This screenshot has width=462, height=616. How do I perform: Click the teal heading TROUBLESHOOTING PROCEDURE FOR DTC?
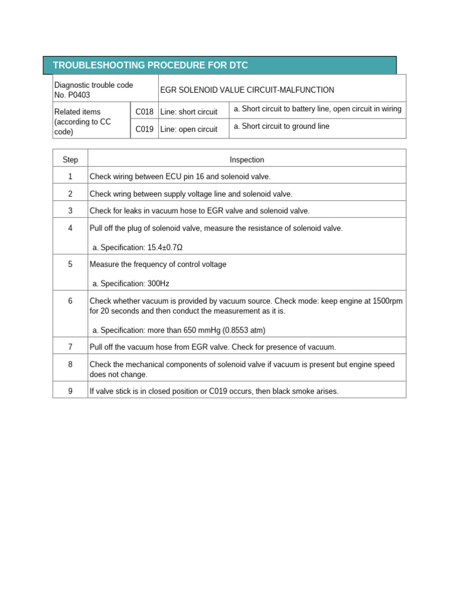pos(150,65)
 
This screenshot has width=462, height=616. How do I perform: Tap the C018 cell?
pos(144,112)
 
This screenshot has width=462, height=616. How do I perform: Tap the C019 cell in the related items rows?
pos(144,129)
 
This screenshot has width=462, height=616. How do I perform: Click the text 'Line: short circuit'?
pos(189,112)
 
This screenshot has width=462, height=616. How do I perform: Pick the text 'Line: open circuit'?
pos(189,129)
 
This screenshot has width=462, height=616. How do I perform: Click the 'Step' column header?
pos(70,159)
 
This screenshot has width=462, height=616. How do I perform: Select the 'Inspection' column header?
pos(247,159)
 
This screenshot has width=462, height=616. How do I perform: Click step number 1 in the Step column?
pos(70,176)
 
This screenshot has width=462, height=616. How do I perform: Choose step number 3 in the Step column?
pos(70,211)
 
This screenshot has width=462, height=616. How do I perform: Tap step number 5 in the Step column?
pos(70,264)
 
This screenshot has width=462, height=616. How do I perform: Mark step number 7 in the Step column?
pos(70,347)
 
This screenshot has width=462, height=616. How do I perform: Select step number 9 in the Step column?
pos(70,391)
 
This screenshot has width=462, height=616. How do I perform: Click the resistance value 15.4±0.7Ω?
pos(165,247)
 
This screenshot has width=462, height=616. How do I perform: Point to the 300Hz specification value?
pos(162,283)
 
